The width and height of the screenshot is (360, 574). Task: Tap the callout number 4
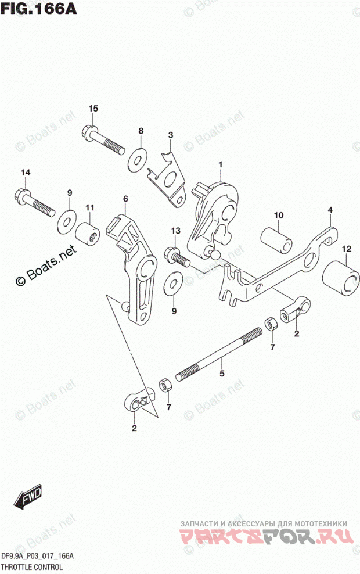(329, 210)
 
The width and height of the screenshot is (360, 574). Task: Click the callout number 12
(347, 250)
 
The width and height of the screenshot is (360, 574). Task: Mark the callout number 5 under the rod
(221, 374)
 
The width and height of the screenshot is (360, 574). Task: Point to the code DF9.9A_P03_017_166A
(38, 556)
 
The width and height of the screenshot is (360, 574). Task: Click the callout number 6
(125, 199)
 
